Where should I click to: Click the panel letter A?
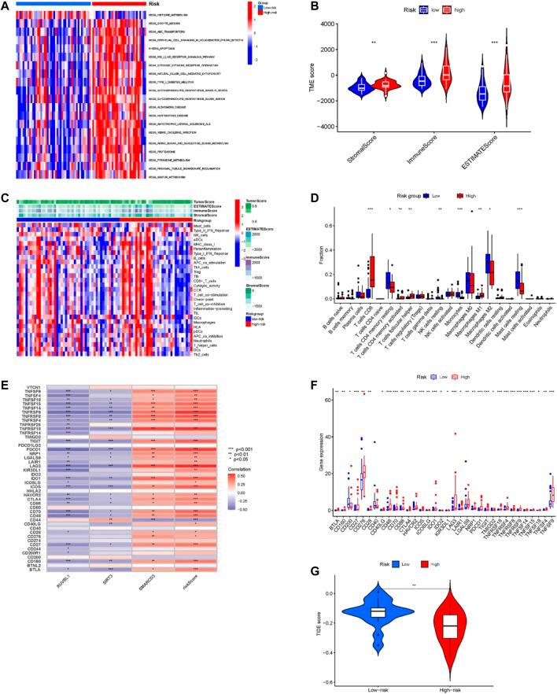tap(6, 7)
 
